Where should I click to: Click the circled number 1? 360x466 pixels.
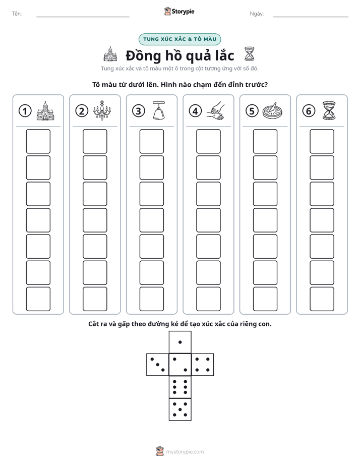pos(25,111)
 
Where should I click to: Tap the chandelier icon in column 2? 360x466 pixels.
pos(102,110)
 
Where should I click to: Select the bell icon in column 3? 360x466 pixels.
pos(159,110)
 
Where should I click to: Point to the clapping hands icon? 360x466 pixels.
pos(216,111)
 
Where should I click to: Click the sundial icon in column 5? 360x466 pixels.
pos(272,111)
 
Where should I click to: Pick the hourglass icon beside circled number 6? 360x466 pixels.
pos(329,110)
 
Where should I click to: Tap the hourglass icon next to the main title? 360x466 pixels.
pos(249,54)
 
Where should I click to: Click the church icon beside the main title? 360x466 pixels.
pos(110,54)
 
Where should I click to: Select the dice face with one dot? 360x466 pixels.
pos(180,342)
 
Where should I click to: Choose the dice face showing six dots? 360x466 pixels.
pos(180,387)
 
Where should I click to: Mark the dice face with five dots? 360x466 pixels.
pos(180,410)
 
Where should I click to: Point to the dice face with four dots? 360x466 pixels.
pos(203,365)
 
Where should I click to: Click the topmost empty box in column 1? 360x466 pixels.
pos(38,141)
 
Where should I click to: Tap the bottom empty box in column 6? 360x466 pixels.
pos(322,299)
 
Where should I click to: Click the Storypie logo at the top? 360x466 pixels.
pos(179,12)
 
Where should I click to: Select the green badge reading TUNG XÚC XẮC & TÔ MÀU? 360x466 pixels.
pos(179,39)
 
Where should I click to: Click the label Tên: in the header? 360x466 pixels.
pos(17,14)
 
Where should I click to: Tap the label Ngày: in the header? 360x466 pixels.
pos(257,14)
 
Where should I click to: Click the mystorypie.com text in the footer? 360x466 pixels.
pos(185,452)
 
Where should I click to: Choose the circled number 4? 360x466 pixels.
pos(195,111)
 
